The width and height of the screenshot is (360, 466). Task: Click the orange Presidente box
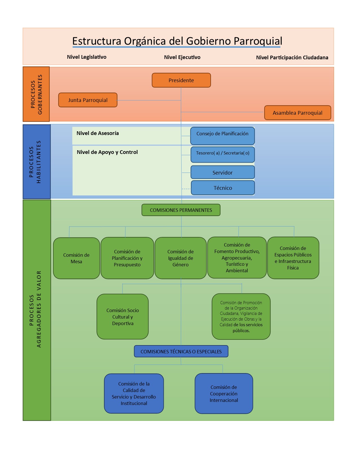(x=181, y=80)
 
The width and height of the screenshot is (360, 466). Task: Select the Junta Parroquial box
(x=88, y=100)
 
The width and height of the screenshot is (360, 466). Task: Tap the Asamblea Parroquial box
(x=298, y=113)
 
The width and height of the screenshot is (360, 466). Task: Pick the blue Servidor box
(x=222, y=172)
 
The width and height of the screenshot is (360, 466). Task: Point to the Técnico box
(x=223, y=188)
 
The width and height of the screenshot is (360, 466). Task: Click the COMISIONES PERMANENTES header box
(x=181, y=210)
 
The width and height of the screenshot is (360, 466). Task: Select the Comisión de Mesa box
(x=77, y=258)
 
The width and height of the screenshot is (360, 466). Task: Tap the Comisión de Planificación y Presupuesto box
(x=127, y=258)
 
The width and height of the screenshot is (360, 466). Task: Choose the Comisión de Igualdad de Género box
(x=181, y=258)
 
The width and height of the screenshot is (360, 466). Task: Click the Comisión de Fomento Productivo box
(x=237, y=258)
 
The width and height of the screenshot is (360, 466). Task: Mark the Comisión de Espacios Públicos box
(x=293, y=258)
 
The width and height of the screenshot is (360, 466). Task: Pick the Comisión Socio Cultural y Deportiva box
(x=123, y=317)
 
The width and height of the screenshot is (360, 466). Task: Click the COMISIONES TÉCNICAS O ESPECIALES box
(x=181, y=351)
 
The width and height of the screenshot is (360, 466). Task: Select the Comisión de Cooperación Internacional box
(x=224, y=393)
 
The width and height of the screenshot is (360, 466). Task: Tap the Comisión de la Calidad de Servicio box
(x=134, y=393)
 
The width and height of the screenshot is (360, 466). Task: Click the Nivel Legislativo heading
(x=87, y=57)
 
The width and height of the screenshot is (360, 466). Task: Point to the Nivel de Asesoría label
(x=98, y=133)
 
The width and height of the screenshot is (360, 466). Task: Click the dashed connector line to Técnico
(x=186, y=189)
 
